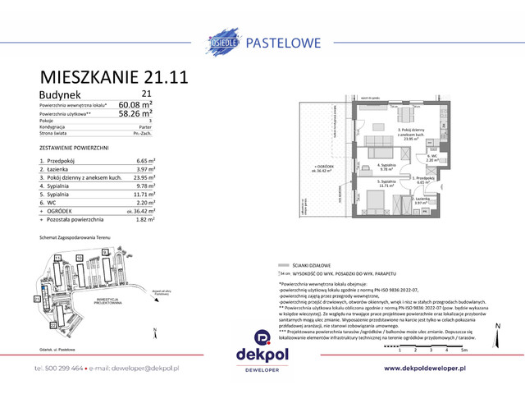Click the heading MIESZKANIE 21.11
tap(114, 78)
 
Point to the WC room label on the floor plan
tap(431, 158)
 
